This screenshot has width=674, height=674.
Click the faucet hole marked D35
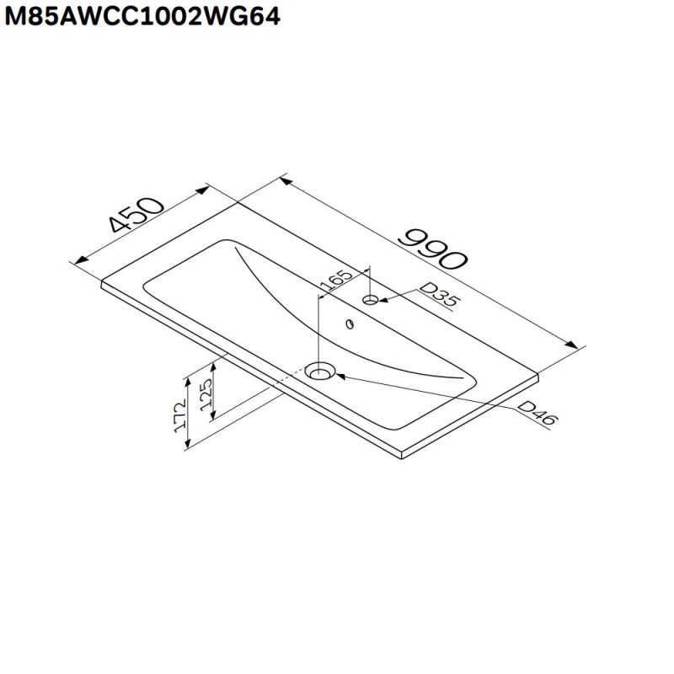tap(371, 300)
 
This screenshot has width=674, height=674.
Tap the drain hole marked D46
tap(321, 371)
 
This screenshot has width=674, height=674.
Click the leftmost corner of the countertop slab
tap(102, 283)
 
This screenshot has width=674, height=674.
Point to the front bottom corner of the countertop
tap(403, 459)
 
